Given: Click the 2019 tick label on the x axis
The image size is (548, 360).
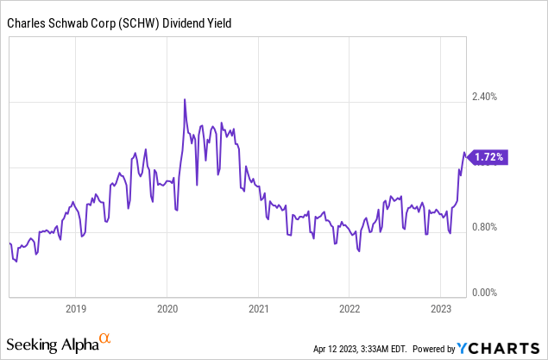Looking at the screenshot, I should point(76,308).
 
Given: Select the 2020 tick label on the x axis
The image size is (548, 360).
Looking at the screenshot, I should point(167,308).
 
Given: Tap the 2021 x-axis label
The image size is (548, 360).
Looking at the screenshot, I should point(259,308).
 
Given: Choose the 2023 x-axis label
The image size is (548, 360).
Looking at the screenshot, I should point(440,308).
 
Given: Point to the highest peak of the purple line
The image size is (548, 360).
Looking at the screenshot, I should point(185,100).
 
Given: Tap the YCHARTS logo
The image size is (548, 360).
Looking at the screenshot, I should point(498,348).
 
